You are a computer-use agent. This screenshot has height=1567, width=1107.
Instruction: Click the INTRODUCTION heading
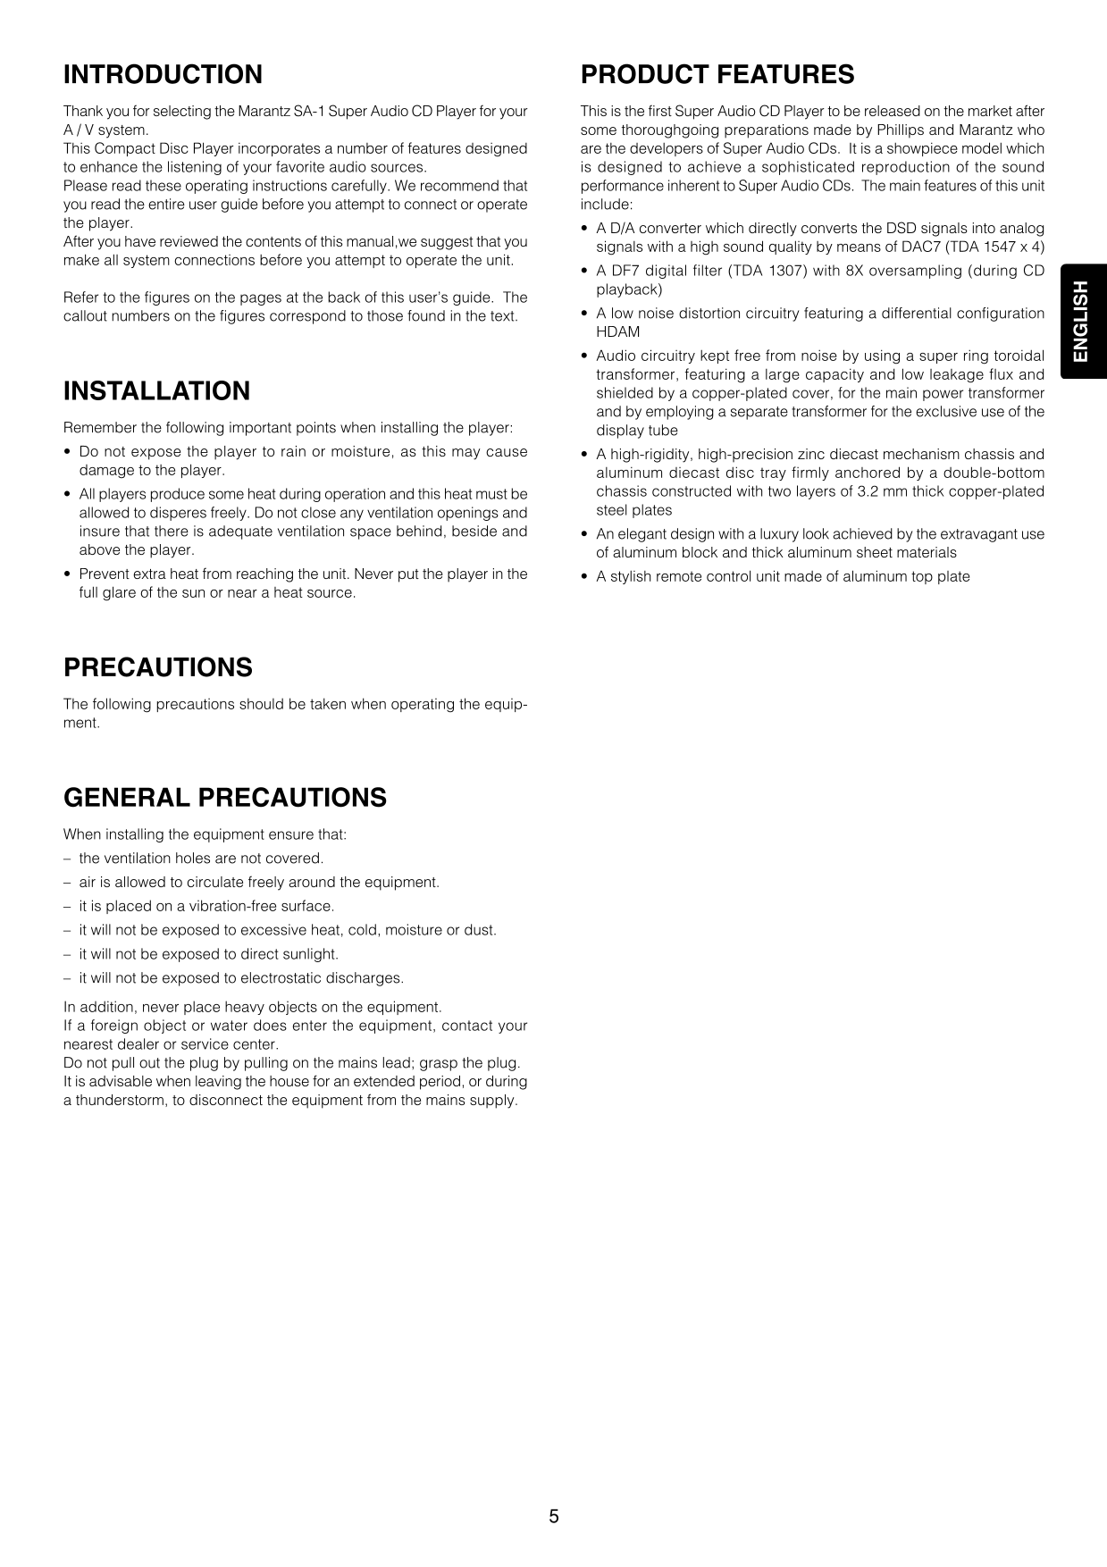click(x=163, y=74)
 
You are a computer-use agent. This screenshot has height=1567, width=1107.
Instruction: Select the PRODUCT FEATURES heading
click(x=717, y=74)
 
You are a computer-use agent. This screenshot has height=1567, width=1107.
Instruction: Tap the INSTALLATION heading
click(x=156, y=391)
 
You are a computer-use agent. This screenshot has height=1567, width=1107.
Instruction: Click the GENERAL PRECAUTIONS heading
click(x=224, y=798)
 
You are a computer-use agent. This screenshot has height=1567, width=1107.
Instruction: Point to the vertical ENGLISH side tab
click(x=1082, y=322)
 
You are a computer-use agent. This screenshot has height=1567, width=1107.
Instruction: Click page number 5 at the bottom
click(x=554, y=1516)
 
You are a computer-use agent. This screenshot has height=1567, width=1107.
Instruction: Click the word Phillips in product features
click(x=899, y=130)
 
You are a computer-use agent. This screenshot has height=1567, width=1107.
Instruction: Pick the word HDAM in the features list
click(x=618, y=332)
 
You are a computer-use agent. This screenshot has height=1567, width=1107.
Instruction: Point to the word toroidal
click(x=1015, y=356)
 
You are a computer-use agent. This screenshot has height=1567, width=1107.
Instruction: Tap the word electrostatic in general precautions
click(x=283, y=978)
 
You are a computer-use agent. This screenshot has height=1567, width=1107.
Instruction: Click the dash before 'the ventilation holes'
click(x=67, y=859)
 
